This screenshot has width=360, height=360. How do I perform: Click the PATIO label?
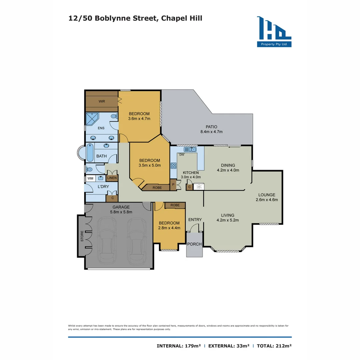click(211, 127)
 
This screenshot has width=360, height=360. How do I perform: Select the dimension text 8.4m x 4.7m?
click(211, 132)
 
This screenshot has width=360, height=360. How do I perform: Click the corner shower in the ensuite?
click(92, 119)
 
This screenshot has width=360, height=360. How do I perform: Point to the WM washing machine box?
click(90, 178)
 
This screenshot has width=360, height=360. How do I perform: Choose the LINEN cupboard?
click(112, 178)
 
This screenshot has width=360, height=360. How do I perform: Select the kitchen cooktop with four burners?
click(174, 165)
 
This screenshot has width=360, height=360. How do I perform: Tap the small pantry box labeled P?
click(173, 184)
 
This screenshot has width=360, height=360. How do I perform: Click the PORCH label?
click(194, 244)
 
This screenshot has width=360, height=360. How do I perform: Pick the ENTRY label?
click(195, 219)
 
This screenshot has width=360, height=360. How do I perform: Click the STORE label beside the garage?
click(81, 236)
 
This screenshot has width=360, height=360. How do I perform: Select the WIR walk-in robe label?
click(102, 101)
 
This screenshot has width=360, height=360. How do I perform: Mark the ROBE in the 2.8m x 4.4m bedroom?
click(175, 205)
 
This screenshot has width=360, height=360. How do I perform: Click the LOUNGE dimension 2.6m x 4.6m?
click(267, 200)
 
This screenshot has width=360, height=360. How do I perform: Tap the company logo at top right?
click(274, 32)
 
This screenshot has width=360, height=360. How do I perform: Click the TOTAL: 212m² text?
click(274, 346)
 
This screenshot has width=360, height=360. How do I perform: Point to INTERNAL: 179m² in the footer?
click(179, 346)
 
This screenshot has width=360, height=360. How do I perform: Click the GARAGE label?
click(121, 207)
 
